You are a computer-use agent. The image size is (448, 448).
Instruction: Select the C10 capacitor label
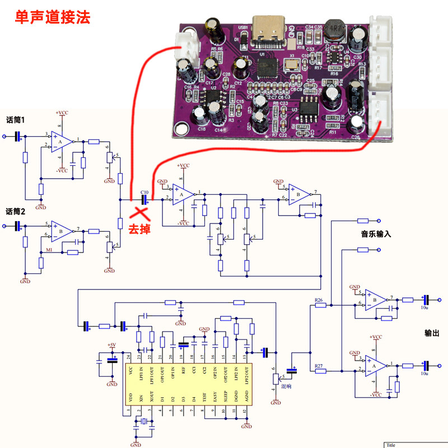click(144, 191)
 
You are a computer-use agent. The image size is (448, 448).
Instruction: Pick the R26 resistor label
click(319, 301)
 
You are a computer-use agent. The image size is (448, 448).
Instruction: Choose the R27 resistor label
click(319, 365)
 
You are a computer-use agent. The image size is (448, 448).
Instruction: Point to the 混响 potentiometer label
click(286, 386)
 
